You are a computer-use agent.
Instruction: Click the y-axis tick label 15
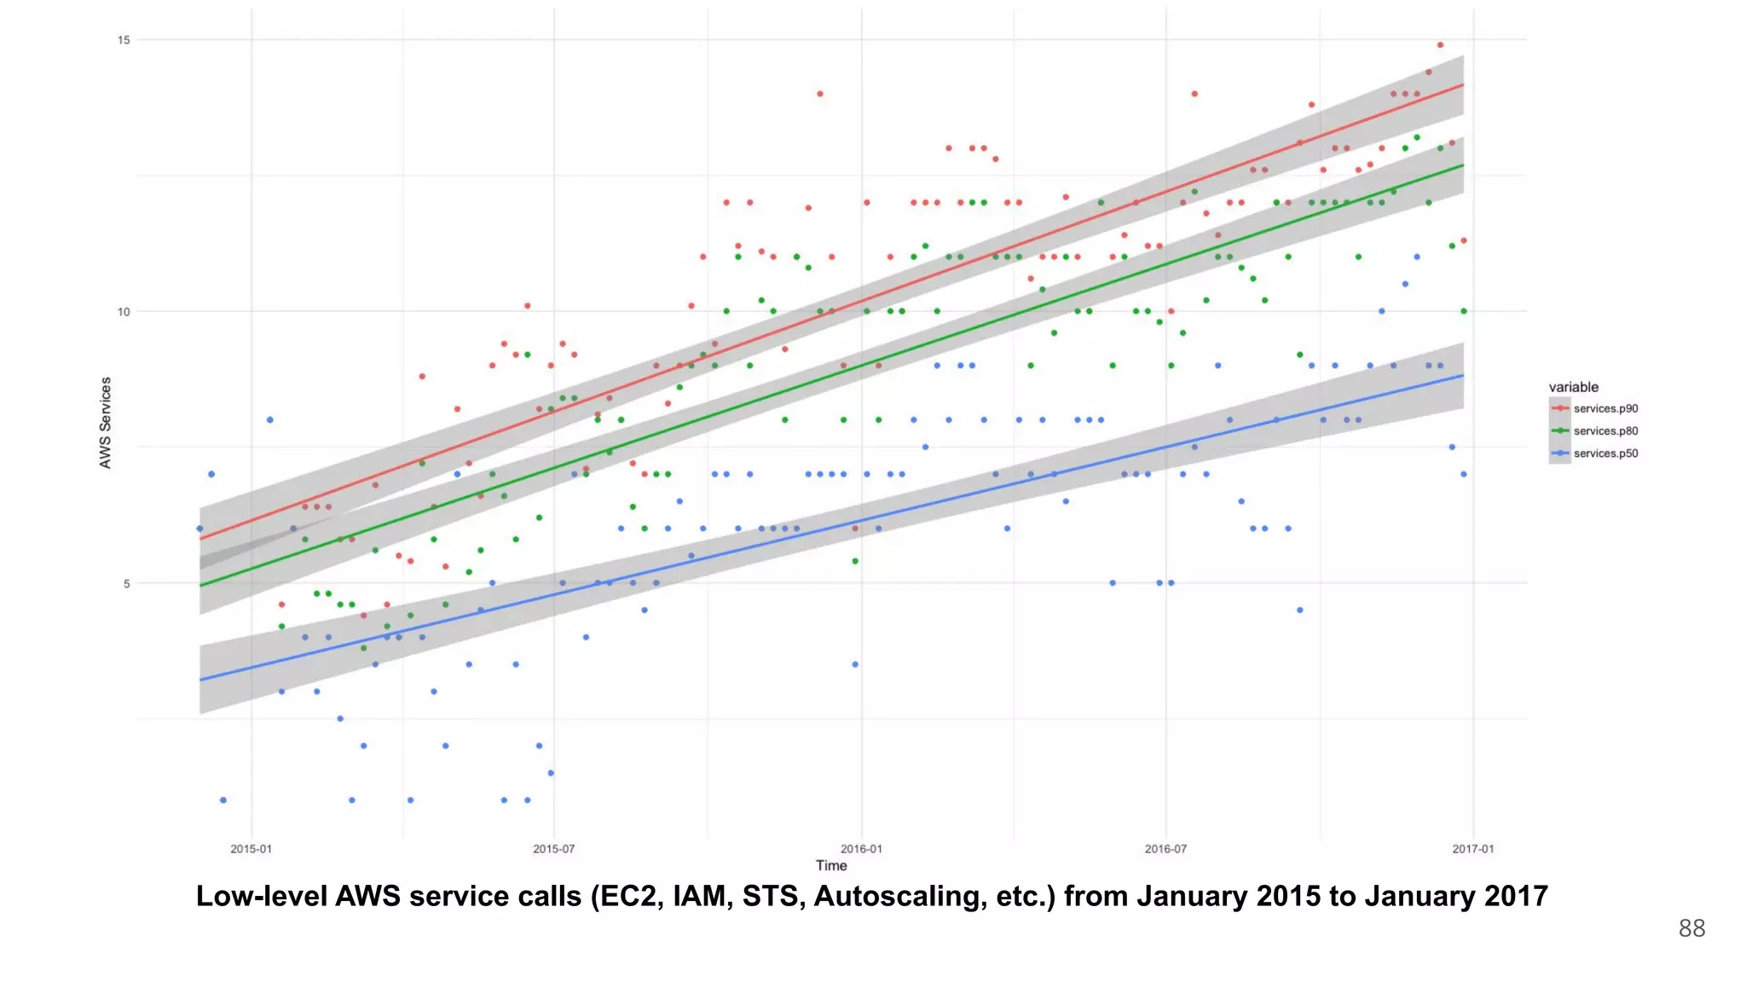tap(124, 40)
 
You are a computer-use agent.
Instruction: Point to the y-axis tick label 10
tap(124, 312)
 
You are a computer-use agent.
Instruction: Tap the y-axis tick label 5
tap(126, 584)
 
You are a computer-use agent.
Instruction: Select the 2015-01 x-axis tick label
tap(251, 849)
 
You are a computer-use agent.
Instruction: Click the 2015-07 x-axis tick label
tap(553, 849)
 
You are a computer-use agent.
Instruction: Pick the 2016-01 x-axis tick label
tap(861, 849)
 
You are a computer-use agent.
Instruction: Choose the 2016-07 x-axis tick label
tap(1165, 849)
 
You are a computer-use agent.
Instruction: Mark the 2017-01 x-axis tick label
tap(1472, 849)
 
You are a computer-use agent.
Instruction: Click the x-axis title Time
tap(831, 866)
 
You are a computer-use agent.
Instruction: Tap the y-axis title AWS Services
tap(106, 423)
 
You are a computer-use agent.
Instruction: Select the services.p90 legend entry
tap(1605, 408)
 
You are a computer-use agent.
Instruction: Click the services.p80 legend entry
tap(1605, 431)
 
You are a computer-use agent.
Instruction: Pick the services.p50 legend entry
tap(1605, 453)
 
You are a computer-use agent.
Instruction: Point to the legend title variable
tap(1573, 387)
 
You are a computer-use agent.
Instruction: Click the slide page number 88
tap(1691, 928)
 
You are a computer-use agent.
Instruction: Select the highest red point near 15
tap(1440, 45)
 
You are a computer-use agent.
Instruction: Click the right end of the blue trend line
tap(1463, 376)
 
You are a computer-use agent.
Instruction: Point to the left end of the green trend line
tap(201, 585)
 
